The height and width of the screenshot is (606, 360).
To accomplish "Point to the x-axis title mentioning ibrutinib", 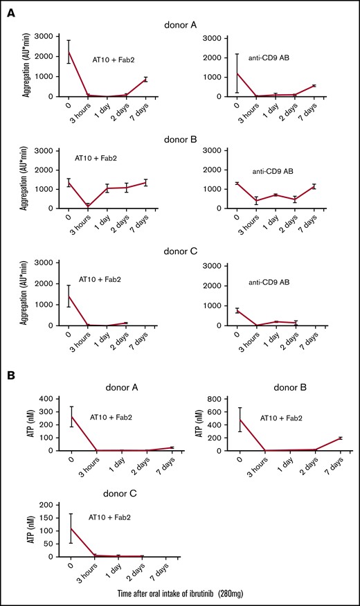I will pos(181,593).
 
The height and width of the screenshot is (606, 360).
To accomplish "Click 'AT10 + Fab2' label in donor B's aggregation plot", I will pos(97,158).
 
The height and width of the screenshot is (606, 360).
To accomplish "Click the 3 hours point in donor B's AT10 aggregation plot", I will pos(89,205).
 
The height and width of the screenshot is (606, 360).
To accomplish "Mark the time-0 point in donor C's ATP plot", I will pos(71,528).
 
